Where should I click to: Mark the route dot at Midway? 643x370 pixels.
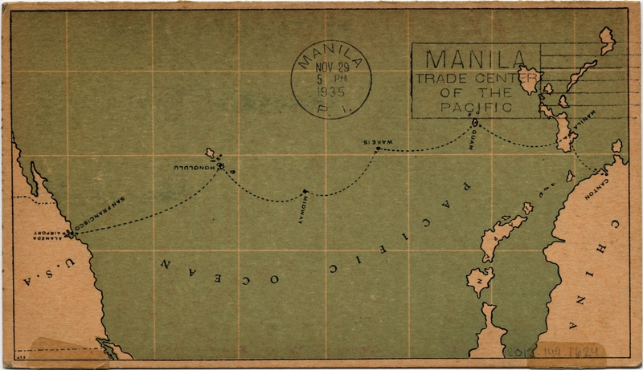point(304,191)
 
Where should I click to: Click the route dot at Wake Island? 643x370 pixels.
point(377,148)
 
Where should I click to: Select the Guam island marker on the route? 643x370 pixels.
point(475,123)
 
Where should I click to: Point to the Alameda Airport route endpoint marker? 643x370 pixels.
point(70,234)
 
